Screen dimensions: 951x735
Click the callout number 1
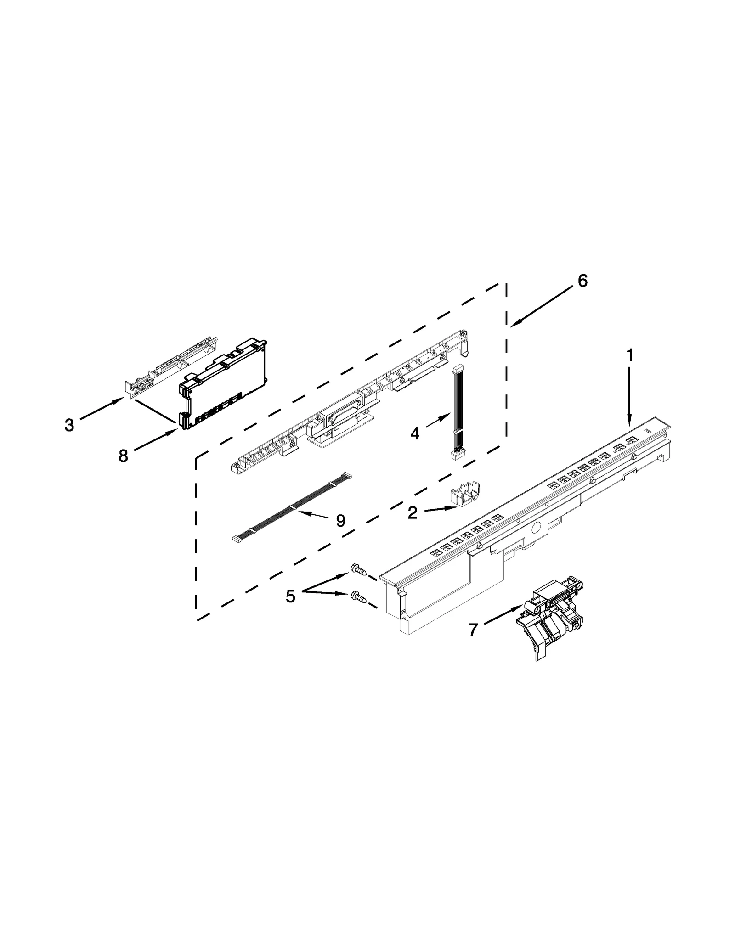630,355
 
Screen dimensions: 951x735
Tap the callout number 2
413,512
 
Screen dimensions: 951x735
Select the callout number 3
69,425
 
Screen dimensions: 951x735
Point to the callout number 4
415,433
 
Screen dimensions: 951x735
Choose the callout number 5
290,596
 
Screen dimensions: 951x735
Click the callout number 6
582,281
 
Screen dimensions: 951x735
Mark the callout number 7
473,629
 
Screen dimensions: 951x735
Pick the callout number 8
123,456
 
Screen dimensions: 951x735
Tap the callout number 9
340,520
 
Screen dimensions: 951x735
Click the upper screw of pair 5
358,569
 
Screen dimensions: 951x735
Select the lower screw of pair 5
358,596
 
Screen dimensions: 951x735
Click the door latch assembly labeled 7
549,615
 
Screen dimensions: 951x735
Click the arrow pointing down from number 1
629,395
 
